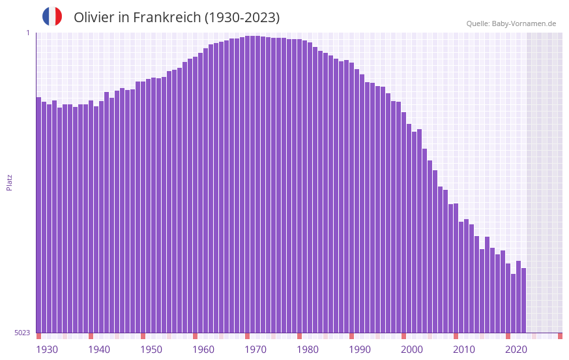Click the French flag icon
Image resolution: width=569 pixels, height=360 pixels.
(52, 16)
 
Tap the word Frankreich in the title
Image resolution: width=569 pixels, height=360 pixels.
(167, 18)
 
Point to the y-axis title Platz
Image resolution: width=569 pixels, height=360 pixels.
(9, 182)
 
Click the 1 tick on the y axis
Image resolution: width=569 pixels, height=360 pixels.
(27, 33)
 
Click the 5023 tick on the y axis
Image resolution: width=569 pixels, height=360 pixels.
(22, 333)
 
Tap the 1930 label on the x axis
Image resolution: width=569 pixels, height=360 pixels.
(47, 350)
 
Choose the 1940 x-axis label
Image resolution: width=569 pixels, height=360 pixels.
(99, 350)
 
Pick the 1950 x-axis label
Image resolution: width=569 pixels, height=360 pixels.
(151, 350)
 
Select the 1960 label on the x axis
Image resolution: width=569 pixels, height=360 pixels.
(203, 350)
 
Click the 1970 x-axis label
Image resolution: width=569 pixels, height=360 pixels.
(255, 350)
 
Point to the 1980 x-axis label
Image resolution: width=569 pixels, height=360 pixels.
(308, 350)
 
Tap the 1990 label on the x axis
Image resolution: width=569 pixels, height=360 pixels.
(360, 350)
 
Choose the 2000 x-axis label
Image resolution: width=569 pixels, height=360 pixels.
(412, 350)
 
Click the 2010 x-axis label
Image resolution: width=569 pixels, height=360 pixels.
(464, 350)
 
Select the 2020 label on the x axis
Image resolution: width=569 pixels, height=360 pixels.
(516, 350)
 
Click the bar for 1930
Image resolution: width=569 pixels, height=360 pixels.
(38, 215)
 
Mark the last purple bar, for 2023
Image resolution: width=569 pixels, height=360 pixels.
(523, 300)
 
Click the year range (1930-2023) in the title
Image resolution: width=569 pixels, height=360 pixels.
(242, 18)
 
